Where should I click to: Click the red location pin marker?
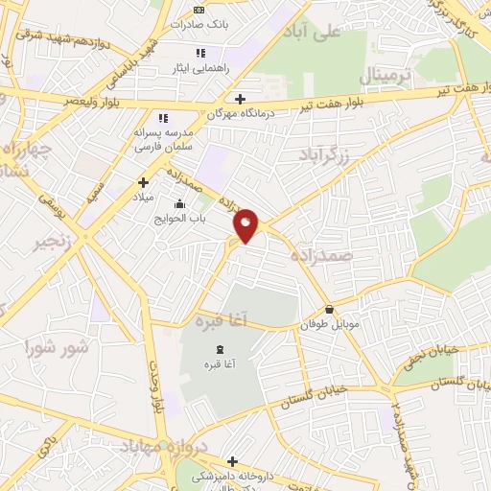[x=247, y=224]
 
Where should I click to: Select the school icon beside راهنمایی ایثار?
[x=199, y=53]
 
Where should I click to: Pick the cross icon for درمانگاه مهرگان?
[x=240, y=98]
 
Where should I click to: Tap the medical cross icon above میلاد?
[x=143, y=182]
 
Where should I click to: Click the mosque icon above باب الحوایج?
[x=178, y=203]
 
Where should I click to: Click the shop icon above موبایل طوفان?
[x=330, y=310]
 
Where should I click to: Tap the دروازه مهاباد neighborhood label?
[x=153, y=445]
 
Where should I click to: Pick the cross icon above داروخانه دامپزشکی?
[x=231, y=460]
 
